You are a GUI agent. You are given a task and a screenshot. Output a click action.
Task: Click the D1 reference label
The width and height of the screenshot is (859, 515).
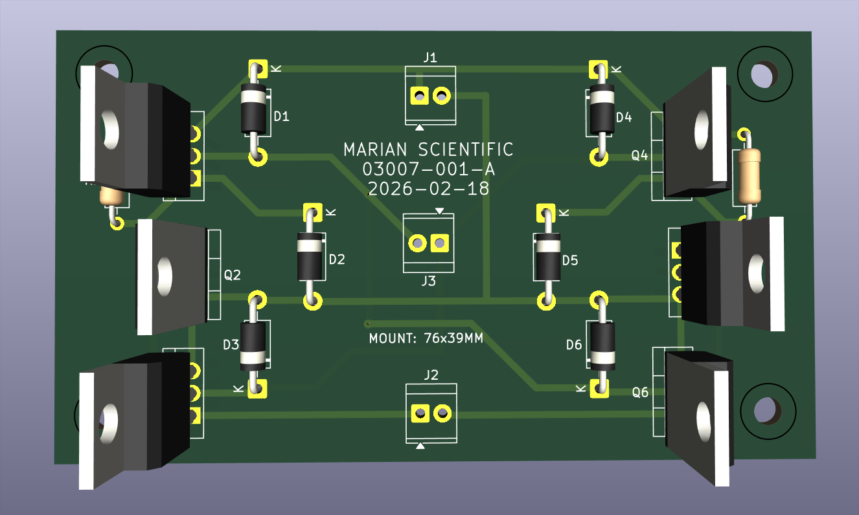pyautogui.click(x=281, y=117)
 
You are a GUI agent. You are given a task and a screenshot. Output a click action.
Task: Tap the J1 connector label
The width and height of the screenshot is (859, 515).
pyautogui.click(x=430, y=58)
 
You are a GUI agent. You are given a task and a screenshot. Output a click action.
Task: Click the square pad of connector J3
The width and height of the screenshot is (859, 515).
pyautogui.click(x=441, y=243)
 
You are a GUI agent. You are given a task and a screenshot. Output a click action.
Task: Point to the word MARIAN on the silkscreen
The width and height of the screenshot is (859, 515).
pyautogui.click(x=376, y=150)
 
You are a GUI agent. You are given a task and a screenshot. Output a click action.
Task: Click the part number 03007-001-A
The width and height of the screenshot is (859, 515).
pyautogui.click(x=428, y=170)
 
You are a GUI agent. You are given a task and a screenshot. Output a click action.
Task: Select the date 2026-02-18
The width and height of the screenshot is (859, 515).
pyautogui.click(x=428, y=189)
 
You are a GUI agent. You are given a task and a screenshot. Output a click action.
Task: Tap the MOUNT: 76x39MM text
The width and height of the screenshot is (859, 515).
pyautogui.click(x=426, y=338)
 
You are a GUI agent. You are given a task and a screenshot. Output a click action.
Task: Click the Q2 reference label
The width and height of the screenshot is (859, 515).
pyautogui.click(x=232, y=275)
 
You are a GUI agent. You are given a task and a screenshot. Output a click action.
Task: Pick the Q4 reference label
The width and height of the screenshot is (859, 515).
pyautogui.click(x=640, y=155)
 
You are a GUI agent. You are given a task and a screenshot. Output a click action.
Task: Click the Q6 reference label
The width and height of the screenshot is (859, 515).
pyautogui.click(x=640, y=392)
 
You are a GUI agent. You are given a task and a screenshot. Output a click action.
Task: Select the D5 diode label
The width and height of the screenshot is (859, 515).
pyautogui.click(x=570, y=261)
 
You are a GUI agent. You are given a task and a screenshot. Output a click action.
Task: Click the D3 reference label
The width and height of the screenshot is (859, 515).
pyautogui.click(x=231, y=344)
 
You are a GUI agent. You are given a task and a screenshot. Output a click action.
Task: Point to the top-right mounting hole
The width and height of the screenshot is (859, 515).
pyautogui.click(x=765, y=74)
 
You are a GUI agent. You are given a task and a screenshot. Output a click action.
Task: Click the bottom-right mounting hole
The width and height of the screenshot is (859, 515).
pyautogui.click(x=766, y=410)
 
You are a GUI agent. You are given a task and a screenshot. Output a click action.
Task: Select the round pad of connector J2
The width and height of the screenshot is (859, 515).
pyautogui.click(x=442, y=413)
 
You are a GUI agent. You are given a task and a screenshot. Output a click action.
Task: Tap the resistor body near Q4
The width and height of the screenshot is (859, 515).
pyautogui.click(x=748, y=176)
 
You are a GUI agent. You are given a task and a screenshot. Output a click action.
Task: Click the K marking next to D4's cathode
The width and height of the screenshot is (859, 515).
pyautogui.click(x=616, y=69)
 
